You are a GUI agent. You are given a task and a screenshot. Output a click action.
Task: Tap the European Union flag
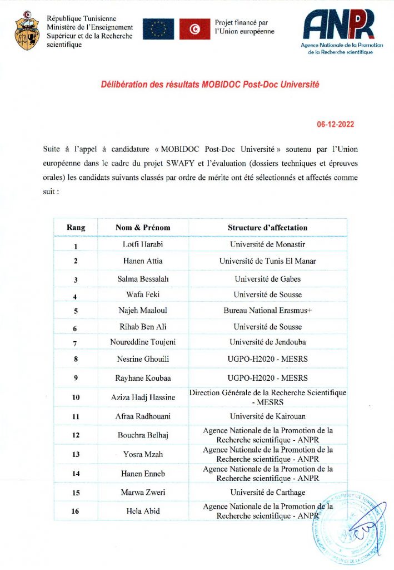158,29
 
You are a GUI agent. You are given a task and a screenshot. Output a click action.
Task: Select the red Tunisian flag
194,29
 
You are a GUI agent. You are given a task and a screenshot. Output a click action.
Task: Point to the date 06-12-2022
335,124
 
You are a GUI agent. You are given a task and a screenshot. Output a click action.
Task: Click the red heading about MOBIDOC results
210,85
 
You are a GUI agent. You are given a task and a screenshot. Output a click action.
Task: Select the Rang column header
76,228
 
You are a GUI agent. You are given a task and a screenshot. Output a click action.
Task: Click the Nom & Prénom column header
143,228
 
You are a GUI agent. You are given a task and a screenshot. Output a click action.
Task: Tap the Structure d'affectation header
267,228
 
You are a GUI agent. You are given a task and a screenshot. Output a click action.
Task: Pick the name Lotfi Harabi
143,244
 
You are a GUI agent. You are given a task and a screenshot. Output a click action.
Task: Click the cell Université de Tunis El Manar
267,261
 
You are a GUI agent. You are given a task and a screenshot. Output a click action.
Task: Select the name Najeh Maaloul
143,311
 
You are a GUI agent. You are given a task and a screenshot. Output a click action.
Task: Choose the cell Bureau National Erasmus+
267,311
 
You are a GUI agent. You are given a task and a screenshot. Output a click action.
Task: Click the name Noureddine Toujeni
143,342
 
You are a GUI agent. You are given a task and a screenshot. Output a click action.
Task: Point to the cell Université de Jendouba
267,342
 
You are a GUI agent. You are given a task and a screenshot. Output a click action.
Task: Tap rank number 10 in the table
76,397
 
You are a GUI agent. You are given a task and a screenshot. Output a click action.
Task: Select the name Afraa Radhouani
143,416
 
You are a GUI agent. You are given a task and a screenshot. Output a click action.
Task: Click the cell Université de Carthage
267,493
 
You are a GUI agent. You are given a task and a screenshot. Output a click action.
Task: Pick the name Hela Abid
143,512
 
